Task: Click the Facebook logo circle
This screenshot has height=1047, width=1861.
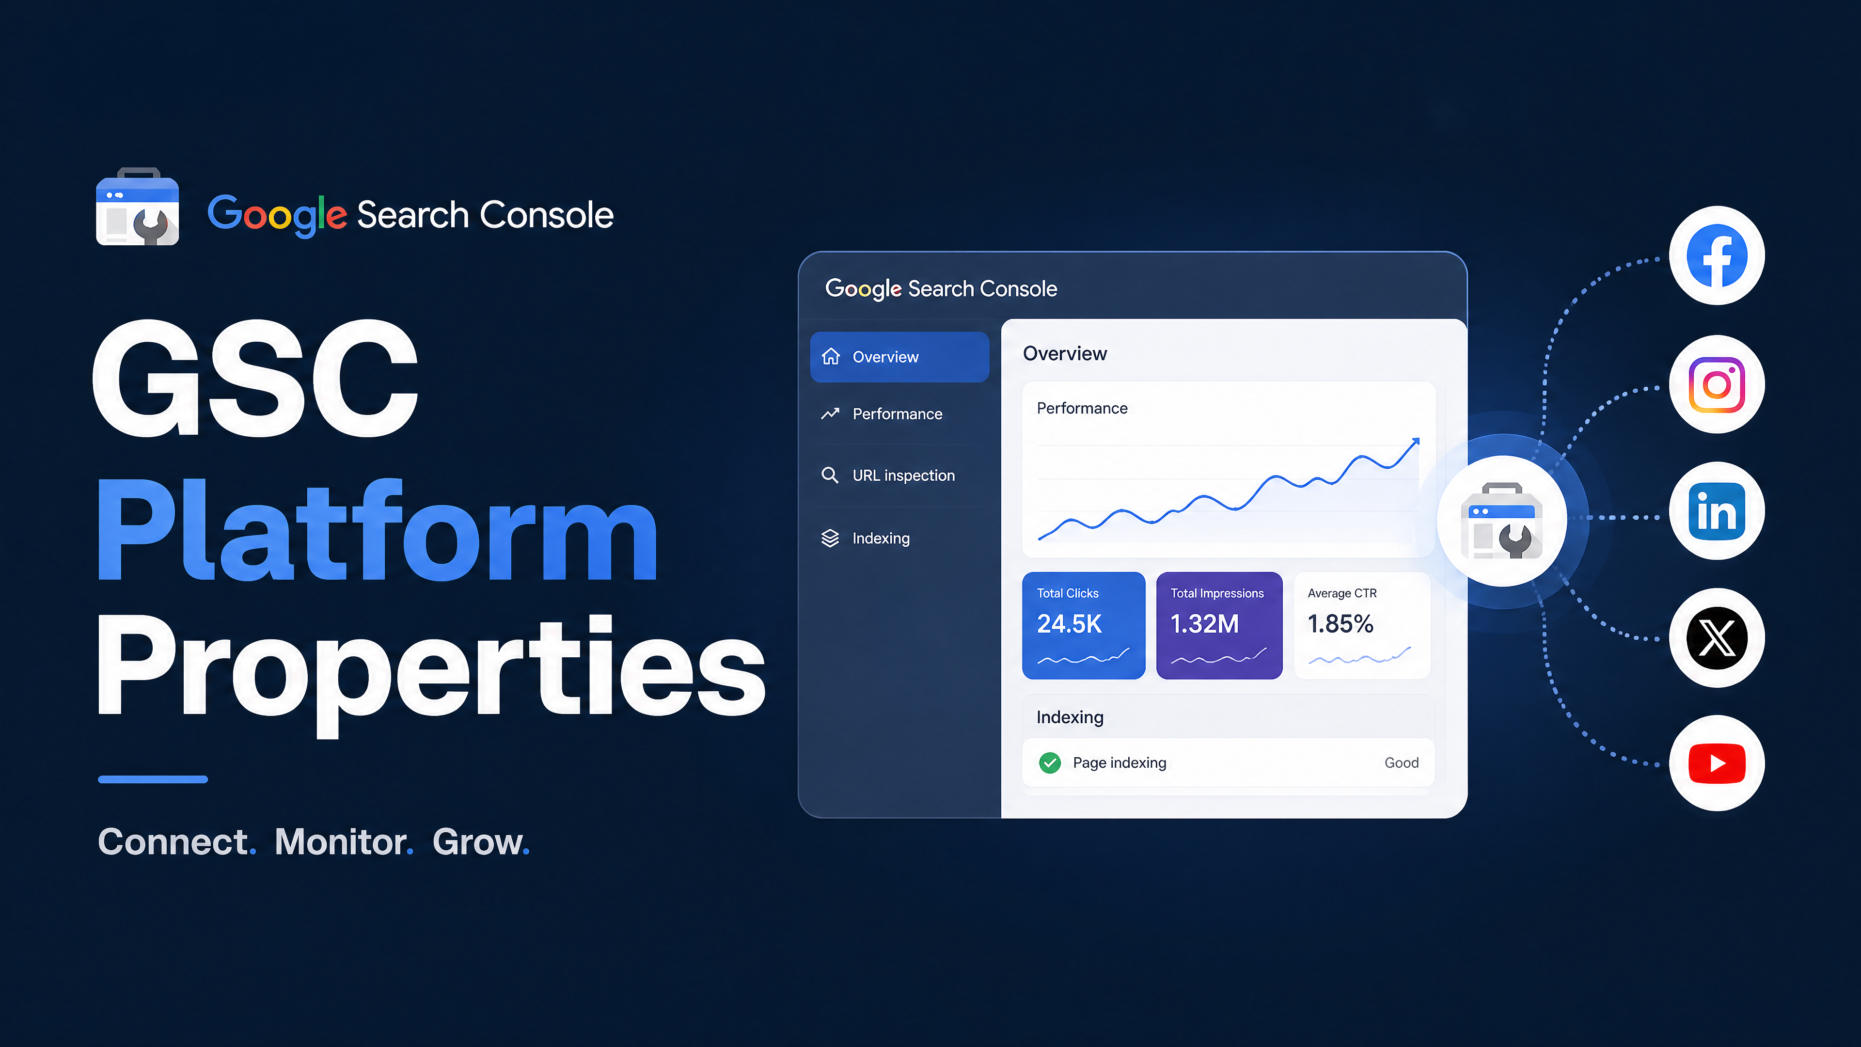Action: point(1717,256)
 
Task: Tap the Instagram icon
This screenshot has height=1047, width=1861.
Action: point(1717,384)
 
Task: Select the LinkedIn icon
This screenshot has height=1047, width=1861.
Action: point(1717,511)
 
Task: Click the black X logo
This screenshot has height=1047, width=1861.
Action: point(1717,638)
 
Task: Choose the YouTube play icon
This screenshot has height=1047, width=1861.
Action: point(1717,763)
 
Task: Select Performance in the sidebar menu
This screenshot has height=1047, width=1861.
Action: point(897,414)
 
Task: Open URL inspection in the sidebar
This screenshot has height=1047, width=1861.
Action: point(903,476)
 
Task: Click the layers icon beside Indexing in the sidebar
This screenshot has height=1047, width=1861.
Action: point(830,539)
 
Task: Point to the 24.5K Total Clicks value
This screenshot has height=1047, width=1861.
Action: point(1069,623)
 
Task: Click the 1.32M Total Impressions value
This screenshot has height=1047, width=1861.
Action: point(1204,623)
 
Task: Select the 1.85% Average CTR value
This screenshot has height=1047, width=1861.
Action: point(1340,623)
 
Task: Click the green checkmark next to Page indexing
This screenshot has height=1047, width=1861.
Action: point(1050,763)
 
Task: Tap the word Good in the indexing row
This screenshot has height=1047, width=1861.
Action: point(1402,763)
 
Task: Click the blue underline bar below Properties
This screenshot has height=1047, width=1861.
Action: point(153,779)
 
